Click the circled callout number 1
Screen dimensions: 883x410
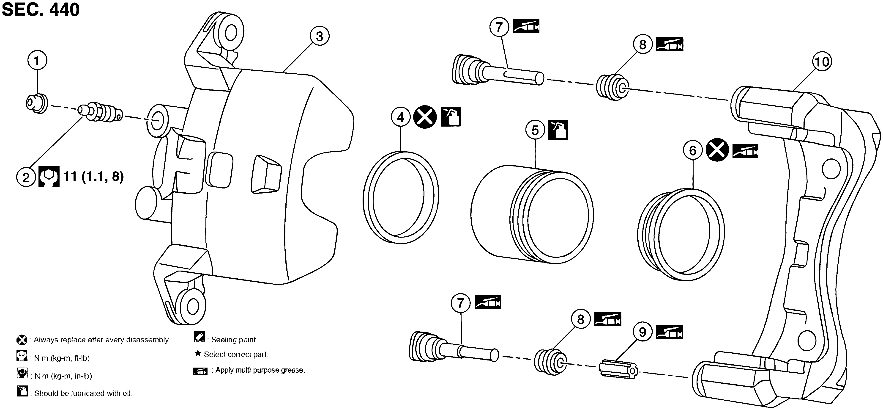37,61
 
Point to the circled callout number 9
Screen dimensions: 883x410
642,332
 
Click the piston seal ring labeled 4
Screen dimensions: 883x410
401,198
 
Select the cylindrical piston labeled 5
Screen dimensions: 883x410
532,214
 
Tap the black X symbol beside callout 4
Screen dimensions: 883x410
425,117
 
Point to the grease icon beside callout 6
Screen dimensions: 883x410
745,151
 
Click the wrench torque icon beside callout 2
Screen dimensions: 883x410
49,177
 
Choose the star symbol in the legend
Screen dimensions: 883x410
198,353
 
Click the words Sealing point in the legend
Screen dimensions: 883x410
233,340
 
